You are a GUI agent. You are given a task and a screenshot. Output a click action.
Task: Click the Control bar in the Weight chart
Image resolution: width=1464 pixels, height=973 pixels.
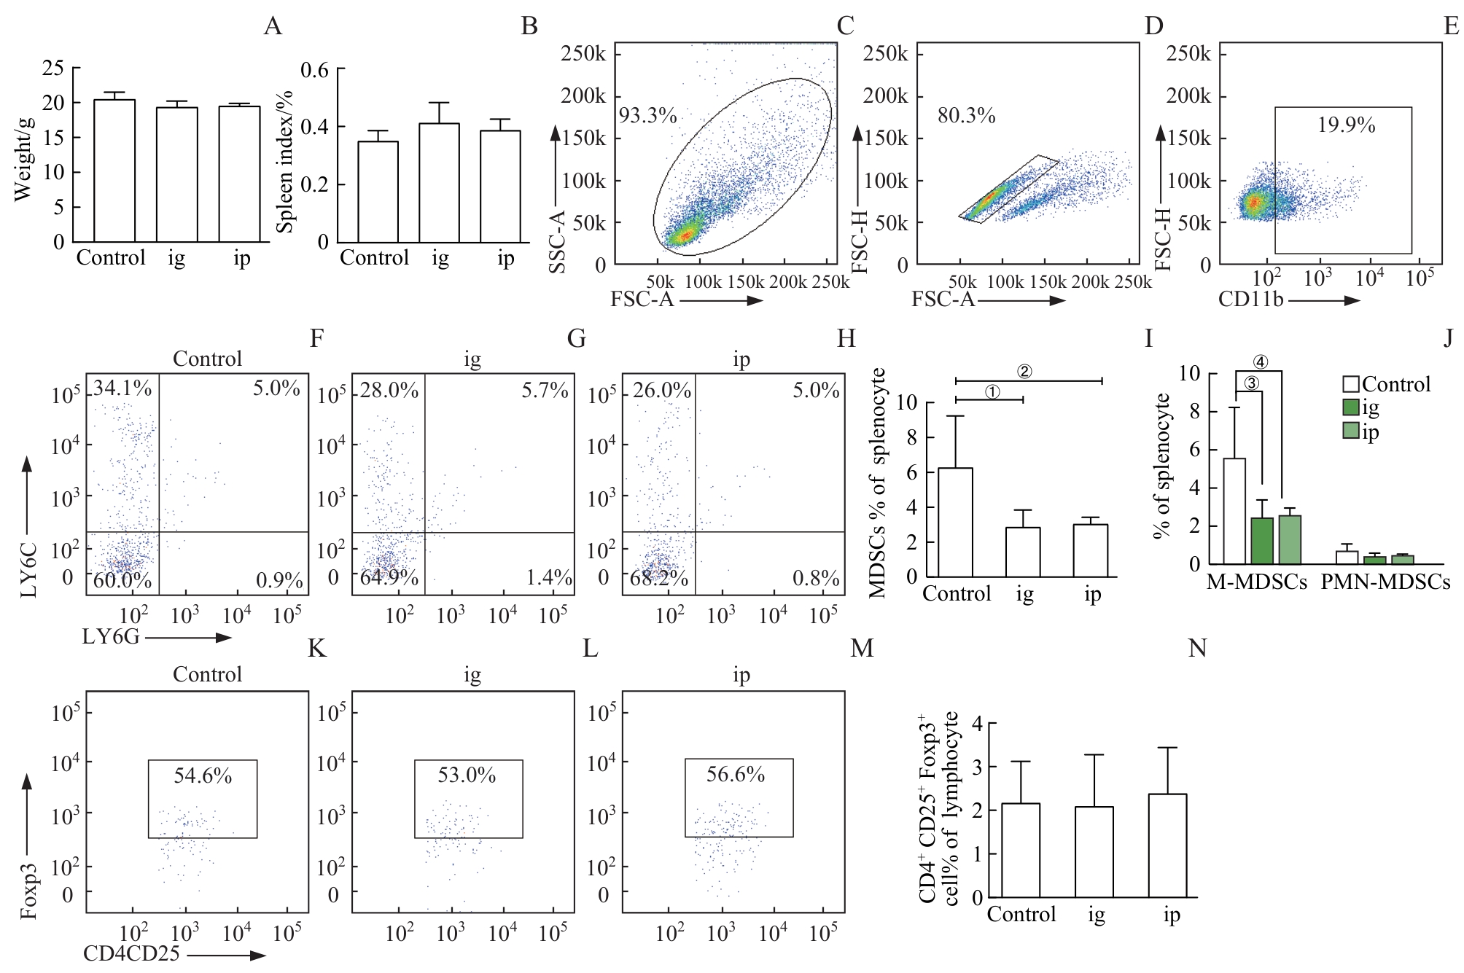[x=114, y=171]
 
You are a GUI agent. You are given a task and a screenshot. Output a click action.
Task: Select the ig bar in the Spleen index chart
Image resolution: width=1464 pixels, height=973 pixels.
[x=439, y=184]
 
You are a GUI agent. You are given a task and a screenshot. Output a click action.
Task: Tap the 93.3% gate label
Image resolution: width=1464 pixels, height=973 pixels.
[x=647, y=115]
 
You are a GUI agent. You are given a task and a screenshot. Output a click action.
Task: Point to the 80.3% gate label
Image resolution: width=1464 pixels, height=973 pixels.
[x=966, y=115]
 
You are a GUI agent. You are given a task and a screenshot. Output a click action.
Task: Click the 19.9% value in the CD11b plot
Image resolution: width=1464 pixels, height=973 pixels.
[x=1346, y=125]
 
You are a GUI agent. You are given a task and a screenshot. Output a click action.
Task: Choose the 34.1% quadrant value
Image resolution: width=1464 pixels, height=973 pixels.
[x=122, y=388]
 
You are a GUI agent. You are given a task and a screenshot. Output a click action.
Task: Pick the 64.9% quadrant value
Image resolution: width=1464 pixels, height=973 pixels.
[x=389, y=578]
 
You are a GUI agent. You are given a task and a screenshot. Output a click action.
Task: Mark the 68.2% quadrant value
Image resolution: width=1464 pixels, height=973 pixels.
[x=659, y=578]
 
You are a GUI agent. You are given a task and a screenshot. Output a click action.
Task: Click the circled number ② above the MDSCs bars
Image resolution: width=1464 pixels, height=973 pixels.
[x=1024, y=372]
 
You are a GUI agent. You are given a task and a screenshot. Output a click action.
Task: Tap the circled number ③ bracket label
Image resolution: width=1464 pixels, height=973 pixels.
[x=1251, y=383]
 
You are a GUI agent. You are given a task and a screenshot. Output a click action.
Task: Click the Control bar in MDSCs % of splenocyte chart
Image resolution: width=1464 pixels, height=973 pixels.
[x=955, y=523]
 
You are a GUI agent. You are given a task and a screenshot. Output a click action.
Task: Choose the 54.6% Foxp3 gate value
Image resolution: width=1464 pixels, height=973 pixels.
[x=203, y=775]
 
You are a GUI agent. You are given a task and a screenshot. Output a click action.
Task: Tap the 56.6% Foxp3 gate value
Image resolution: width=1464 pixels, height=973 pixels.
[x=735, y=774]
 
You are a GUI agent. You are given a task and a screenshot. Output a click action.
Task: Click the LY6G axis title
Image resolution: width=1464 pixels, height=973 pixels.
[x=111, y=637]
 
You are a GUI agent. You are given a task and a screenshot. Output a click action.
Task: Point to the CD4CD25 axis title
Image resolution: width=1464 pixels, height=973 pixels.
[x=131, y=953]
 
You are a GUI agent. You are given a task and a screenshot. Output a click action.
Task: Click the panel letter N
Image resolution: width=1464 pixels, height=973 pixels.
[x=1197, y=648]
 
